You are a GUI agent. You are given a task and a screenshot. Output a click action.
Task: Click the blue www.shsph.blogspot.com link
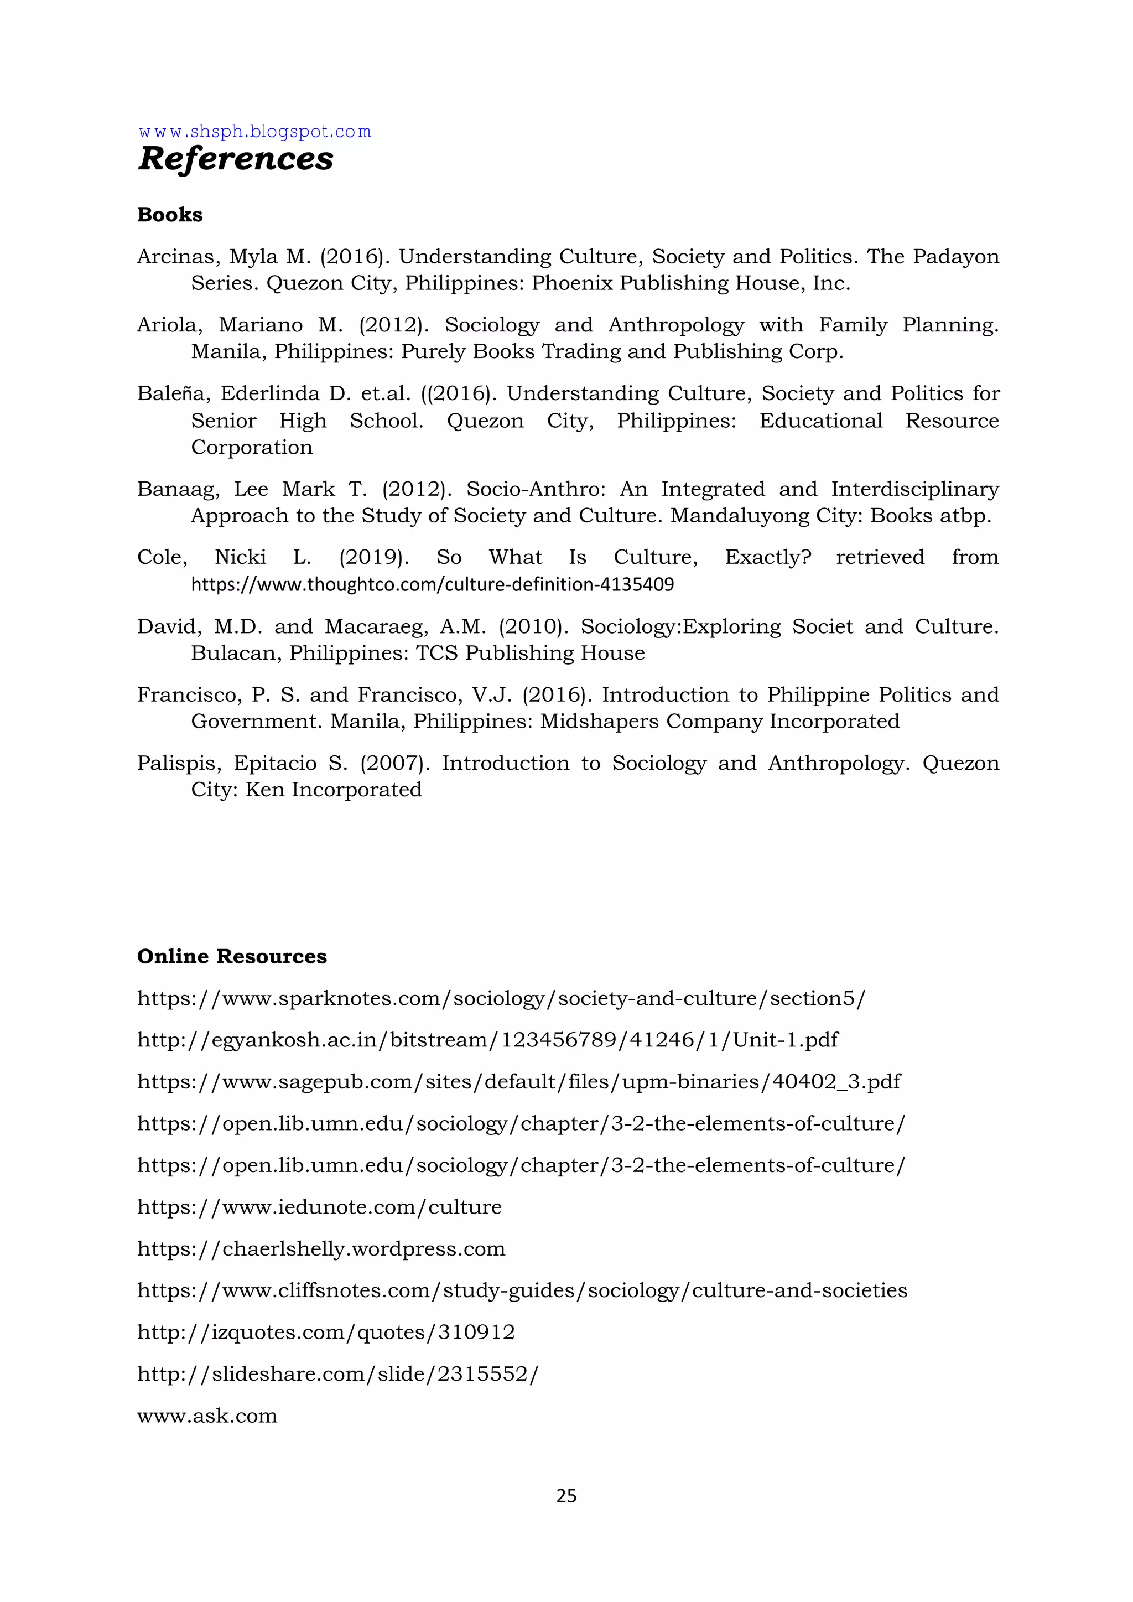[x=254, y=132]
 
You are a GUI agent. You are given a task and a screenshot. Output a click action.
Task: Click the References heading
[x=235, y=158]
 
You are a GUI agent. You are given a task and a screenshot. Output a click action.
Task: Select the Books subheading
[x=169, y=215]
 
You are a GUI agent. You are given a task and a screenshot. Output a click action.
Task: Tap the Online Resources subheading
[x=232, y=956]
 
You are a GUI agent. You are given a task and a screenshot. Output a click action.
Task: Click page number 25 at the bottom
[x=566, y=1495]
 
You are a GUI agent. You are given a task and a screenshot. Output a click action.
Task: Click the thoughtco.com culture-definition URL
[x=433, y=584]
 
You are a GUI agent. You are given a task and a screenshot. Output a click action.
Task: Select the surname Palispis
[x=178, y=763]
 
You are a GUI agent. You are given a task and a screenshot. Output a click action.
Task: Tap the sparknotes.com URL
[x=501, y=998]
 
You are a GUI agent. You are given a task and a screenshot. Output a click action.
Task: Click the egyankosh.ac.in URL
[x=487, y=1040]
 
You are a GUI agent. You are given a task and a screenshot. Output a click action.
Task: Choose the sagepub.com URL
[x=518, y=1082]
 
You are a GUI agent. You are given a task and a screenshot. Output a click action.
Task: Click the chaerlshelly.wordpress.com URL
[x=321, y=1249]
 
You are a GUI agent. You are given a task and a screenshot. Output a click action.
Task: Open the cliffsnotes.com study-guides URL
[x=522, y=1291]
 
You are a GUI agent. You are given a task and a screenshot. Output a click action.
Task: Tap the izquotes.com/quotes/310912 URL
[x=326, y=1333]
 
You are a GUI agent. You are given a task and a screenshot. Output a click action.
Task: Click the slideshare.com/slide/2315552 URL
[x=337, y=1375]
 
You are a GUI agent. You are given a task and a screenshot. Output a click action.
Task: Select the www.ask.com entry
[x=207, y=1417]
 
